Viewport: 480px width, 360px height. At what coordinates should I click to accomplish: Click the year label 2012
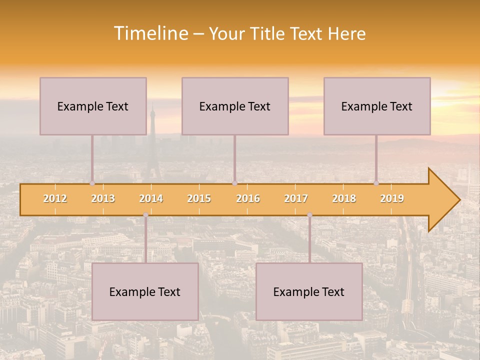pyautogui.click(x=55, y=198)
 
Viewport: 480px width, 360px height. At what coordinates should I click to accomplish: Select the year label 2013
pyautogui.click(x=103, y=198)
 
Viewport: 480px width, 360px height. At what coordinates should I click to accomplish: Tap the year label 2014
pyautogui.click(x=151, y=198)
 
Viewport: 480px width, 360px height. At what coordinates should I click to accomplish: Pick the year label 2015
pyautogui.click(x=199, y=198)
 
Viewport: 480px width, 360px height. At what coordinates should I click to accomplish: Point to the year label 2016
pyautogui.click(x=248, y=198)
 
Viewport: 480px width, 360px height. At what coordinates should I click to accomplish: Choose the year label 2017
pyautogui.click(x=296, y=198)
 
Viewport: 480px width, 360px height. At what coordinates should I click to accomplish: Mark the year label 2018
pyautogui.click(x=344, y=198)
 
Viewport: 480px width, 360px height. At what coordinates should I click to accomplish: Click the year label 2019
pyautogui.click(x=392, y=198)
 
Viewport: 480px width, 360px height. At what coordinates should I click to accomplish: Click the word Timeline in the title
pyautogui.click(x=150, y=33)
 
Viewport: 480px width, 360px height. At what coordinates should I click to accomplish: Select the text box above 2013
pyautogui.click(x=93, y=106)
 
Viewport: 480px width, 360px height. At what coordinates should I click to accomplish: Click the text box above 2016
pyautogui.click(x=235, y=106)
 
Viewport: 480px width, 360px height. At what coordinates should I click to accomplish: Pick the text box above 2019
pyautogui.click(x=377, y=106)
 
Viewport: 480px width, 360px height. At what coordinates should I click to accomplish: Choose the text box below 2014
pyautogui.click(x=145, y=291)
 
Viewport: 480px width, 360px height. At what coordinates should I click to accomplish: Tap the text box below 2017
pyautogui.click(x=309, y=291)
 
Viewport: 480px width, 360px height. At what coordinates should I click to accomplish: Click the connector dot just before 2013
pyautogui.click(x=92, y=183)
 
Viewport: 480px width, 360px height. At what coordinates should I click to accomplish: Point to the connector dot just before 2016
pyautogui.click(x=234, y=183)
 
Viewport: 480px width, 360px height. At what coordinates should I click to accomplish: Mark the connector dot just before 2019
pyautogui.click(x=376, y=183)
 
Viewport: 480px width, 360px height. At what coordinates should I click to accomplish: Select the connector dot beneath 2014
pyautogui.click(x=145, y=215)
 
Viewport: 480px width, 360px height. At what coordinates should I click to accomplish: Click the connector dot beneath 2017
pyautogui.click(x=309, y=215)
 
